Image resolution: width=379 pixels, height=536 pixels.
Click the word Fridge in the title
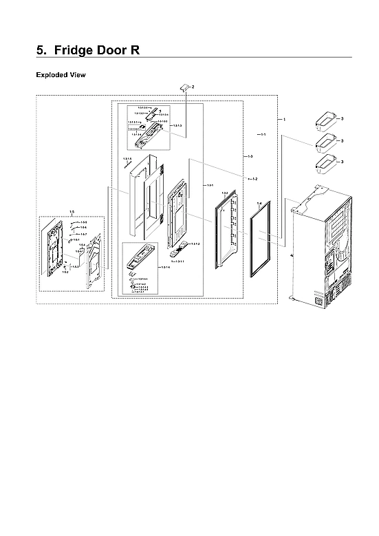[x=83, y=51]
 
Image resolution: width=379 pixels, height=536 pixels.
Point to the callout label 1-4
[x=259, y=203]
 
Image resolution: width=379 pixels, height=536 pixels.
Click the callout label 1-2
[x=254, y=179]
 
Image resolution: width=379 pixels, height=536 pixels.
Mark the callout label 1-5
[x=72, y=212]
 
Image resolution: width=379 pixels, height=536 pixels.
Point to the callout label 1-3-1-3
[x=177, y=126]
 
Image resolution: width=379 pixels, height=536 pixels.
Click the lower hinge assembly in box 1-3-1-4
[x=144, y=258]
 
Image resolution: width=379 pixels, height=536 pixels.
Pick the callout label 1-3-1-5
[x=127, y=160]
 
